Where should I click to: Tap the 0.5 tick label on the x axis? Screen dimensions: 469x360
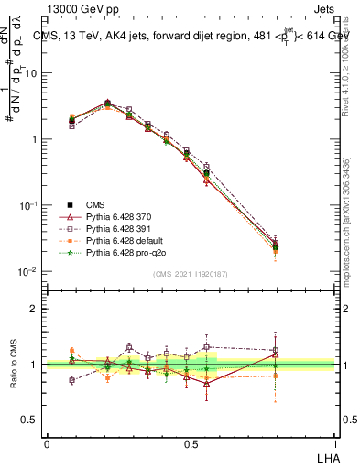click(189, 442)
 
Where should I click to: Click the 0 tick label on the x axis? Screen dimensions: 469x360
click(47, 442)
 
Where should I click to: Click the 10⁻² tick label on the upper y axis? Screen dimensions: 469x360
click(30, 271)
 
